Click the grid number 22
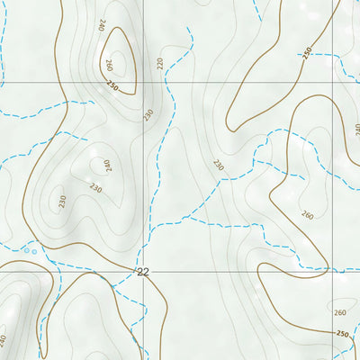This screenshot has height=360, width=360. point(143,271)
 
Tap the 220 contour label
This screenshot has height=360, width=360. point(161,63)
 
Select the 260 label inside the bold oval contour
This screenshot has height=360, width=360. point(109,65)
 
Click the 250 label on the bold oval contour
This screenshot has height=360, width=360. point(112,85)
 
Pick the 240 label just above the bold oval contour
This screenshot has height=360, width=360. point(103,24)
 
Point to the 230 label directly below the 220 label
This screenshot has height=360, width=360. point(148,114)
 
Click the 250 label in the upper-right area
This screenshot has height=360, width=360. point(309,53)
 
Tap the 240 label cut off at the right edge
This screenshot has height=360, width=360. point(356,129)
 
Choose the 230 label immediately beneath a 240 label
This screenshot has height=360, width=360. point(96,187)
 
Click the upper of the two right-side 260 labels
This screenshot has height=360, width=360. point(308,215)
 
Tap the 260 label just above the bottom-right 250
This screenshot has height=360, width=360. point(339,312)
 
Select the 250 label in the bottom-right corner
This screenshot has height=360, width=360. point(342,334)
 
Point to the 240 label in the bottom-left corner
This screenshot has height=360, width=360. point(4,340)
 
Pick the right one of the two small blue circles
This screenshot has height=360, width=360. point(35,252)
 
